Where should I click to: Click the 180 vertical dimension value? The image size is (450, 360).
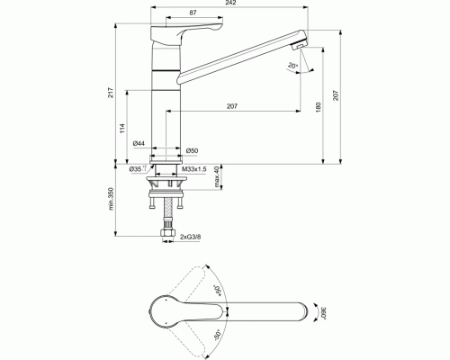(318, 108)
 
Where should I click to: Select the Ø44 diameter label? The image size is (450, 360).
(139, 144)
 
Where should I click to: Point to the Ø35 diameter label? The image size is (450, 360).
(136, 168)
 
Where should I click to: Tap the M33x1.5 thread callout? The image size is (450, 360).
(194, 168)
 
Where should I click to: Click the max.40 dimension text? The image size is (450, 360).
(217, 182)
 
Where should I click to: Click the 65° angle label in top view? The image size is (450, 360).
(217, 291)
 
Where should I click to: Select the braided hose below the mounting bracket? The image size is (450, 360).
(167, 216)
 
